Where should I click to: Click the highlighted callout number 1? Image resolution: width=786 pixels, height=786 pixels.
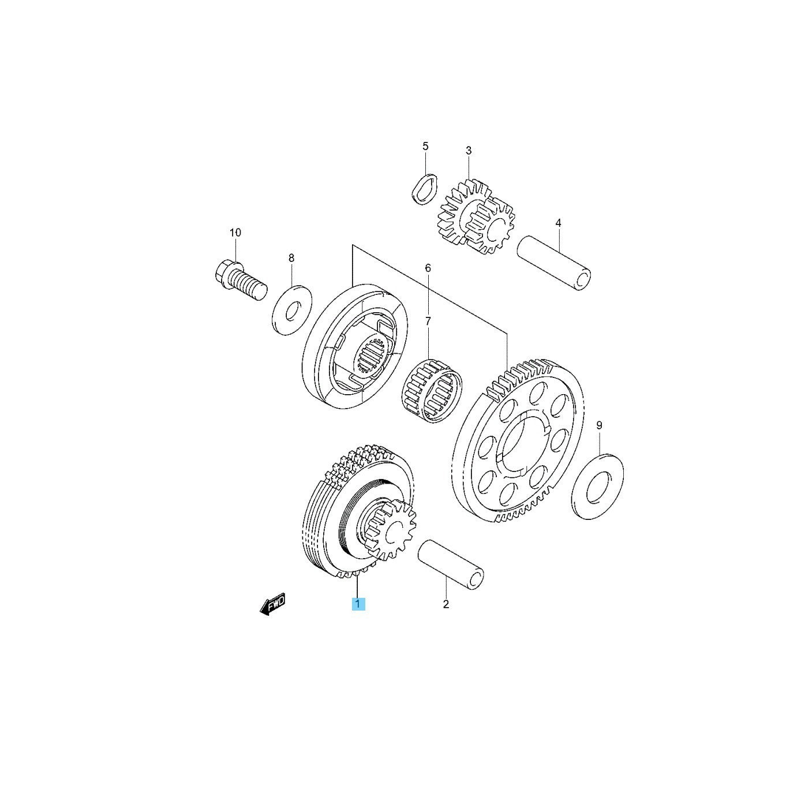click(358, 615)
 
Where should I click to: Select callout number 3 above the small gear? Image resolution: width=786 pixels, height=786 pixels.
click(469, 151)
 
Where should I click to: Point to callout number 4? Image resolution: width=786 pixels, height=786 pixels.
click(559, 223)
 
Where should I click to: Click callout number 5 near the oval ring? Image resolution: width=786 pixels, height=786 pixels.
click(425, 146)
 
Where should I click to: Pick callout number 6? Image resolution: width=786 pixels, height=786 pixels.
click(428, 268)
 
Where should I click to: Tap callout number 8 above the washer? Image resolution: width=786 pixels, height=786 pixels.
click(291, 258)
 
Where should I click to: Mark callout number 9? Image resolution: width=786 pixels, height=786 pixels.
click(599, 425)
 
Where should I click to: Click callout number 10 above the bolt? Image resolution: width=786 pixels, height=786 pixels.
click(235, 233)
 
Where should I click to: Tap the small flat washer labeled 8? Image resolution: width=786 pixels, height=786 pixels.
click(292, 310)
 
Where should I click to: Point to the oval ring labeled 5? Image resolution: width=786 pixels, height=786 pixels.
click(424, 189)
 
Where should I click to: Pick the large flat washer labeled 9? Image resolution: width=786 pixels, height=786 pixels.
click(597, 486)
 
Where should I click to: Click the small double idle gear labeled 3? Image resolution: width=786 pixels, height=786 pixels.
click(476, 218)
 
